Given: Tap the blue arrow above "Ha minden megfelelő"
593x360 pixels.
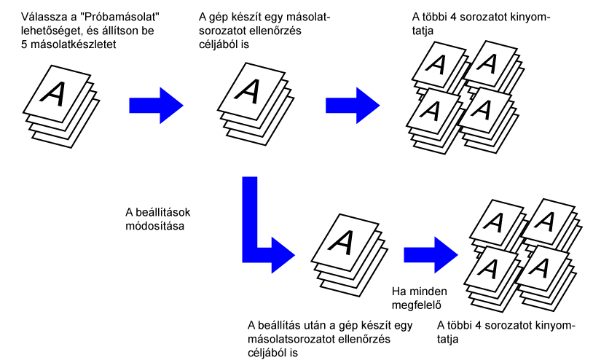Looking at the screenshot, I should click(x=431, y=252).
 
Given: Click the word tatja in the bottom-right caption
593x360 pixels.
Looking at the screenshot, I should click(x=450, y=340).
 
